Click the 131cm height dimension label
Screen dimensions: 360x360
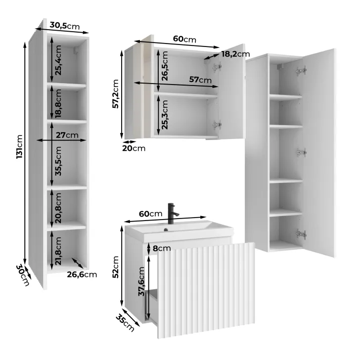point(19,146)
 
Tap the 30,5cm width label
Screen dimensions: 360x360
point(64,26)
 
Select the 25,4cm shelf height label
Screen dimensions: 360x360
point(58,60)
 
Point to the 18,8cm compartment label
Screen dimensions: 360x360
point(58,103)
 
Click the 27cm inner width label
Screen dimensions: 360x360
point(67,135)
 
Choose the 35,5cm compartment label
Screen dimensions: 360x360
point(58,161)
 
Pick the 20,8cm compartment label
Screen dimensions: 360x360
point(58,208)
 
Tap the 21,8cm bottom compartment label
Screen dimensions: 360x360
point(58,251)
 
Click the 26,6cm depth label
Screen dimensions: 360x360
point(82,274)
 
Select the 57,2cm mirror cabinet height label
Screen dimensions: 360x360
point(115,93)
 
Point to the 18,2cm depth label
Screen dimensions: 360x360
point(235,54)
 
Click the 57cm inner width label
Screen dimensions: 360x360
point(200,80)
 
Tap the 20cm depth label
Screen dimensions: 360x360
point(134,148)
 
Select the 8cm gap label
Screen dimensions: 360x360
point(162,248)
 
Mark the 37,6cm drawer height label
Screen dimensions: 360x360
point(141,281)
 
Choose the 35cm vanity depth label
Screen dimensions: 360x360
point(125,323)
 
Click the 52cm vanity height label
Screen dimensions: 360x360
point(115,267)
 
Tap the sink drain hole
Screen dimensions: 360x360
point(166,229)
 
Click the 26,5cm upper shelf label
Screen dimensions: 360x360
point(165,66)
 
